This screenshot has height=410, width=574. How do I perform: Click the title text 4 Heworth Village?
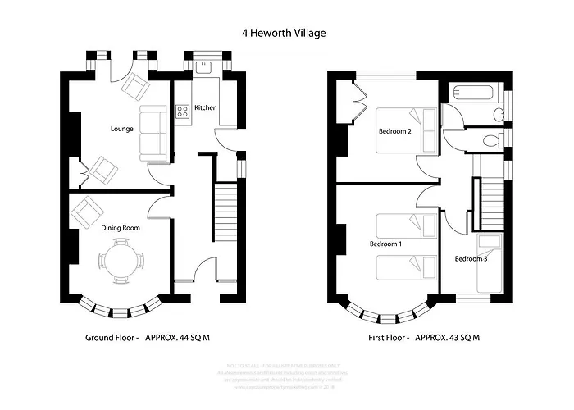(x=284, y=34)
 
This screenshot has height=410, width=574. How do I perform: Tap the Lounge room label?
(x=122, y=129)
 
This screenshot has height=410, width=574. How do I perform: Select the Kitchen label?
(x=205, y=107)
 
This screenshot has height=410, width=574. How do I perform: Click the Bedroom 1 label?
(x=385, y=244)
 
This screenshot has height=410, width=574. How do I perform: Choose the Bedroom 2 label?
(x=394, y=131)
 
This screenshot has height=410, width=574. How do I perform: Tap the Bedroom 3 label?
(x=471, y=259)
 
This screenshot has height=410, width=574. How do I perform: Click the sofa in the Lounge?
(x=152, y=132)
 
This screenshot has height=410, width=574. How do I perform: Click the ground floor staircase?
(x=225, y=213)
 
